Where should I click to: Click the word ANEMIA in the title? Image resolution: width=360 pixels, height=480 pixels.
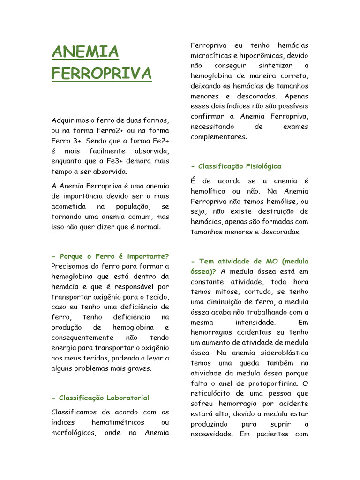[85, 52]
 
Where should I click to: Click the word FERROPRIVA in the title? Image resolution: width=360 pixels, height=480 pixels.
[101, 74]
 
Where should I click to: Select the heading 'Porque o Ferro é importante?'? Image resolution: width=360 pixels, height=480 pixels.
[110, 256]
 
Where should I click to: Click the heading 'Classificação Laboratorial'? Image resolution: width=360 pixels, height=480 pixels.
[100, 397]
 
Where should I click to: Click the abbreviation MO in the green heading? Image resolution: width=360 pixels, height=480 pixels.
[269, 261]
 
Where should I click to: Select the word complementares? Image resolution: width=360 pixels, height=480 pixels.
[218, 137]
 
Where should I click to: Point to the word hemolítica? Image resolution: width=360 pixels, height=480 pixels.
[208, 191]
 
